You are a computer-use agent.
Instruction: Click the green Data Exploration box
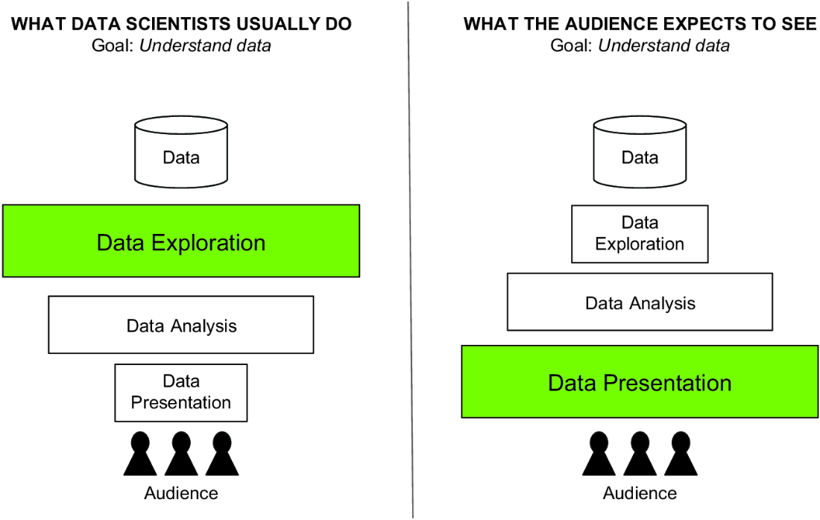(181, 241)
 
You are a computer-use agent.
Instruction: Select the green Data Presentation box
(640, 381)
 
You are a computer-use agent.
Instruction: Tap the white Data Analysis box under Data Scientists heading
(181, 325)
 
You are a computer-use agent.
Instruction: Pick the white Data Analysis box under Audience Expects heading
(640, 302)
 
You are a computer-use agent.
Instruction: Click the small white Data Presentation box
(181, 393)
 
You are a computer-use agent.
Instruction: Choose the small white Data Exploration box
(640, 234)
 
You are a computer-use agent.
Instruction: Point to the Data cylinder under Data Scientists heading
(181, 151)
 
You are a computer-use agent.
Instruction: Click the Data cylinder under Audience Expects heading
(640, 151)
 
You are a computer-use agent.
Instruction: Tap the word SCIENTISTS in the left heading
(157, 24)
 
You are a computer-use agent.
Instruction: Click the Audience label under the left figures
(181, 493)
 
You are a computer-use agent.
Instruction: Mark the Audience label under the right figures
(640, 493)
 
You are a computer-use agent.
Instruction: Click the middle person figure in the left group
(181, 454)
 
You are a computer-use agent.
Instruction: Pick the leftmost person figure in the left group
(140, 454)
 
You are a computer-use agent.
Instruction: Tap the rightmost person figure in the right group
(681, 454)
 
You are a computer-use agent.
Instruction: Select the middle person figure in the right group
(640, 454)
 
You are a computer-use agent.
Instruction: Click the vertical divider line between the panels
(411, 260)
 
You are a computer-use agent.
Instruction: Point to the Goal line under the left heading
(181, 46)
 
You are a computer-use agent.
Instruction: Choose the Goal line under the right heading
(640, 46)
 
